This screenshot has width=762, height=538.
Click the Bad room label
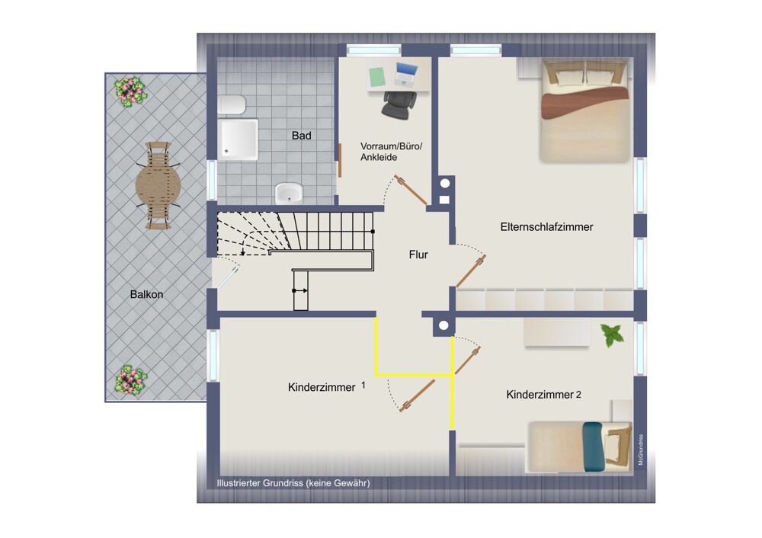coord(301,136)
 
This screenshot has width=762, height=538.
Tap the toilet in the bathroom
coord(232,104)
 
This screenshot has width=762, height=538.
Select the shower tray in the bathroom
coord(238,139)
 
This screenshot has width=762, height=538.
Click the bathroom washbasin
coord(289,193)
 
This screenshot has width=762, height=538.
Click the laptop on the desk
coord(406,75)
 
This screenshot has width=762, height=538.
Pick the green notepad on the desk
coord(377,77)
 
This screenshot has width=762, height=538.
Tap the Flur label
coord(418,255)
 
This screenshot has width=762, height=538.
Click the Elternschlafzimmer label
coord(546,227)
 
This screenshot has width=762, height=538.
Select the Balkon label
coord(147,294)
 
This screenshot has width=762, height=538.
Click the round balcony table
coord(158,185)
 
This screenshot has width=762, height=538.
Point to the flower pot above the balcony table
coord(130,91)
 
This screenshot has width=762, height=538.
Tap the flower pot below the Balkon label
coord(130,379)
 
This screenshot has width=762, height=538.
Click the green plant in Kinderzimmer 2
coord(613,335)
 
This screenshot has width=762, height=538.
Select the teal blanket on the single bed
coord(593,447)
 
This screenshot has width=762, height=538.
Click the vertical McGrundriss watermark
coord(641,450)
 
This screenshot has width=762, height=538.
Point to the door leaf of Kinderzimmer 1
coord(418,395)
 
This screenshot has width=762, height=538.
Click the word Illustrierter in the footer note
coord(239,483)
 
